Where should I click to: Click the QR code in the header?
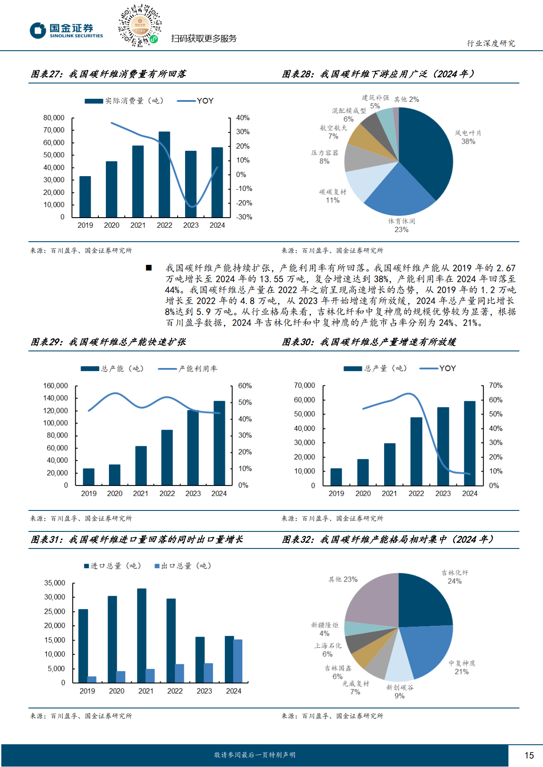point(140,26)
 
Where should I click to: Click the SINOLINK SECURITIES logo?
point(67,31)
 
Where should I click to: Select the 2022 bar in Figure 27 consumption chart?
point(165,174)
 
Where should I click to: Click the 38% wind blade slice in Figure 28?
point(427,153)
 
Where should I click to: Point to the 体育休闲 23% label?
point(401,226)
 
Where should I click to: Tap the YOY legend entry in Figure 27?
point(196,101)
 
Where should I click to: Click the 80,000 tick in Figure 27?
point(54,118)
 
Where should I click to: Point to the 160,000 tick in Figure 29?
point(56,386)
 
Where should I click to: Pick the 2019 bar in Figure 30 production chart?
point(336,477)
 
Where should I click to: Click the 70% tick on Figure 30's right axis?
point(496,385)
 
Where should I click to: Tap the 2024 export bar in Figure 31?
point(238,661)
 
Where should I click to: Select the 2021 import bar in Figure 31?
point(142,635)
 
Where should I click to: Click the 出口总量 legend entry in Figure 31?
point(183,566)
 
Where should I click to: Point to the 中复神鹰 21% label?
point(462,667)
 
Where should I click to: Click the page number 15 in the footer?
point(529,755)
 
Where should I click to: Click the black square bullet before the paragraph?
point(149,268)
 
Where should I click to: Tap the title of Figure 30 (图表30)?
point(369,342)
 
